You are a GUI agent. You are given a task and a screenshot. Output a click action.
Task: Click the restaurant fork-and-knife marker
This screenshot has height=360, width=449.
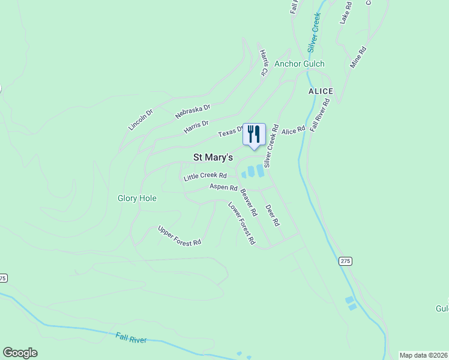coord(253,134)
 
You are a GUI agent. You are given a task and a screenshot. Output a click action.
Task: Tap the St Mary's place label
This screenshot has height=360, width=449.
coord(212,157)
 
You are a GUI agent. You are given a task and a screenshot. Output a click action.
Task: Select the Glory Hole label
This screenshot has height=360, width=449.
coord(137,198)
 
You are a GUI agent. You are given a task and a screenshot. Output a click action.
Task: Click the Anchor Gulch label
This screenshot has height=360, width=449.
coord(299,64)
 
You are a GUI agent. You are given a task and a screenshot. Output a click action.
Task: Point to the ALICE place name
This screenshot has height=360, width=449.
coord(321,91)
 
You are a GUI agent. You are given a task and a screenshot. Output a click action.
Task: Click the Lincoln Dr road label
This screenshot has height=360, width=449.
coord(141,119)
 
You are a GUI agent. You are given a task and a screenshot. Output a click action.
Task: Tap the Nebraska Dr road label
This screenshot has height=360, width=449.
coord(193,111)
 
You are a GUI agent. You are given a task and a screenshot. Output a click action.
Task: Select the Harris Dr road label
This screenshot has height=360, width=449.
coord(196,127)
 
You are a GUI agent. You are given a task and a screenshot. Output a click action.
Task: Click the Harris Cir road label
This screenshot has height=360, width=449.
coord(263,62)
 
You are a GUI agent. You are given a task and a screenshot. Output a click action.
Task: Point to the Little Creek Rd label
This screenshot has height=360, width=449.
coord(205,176)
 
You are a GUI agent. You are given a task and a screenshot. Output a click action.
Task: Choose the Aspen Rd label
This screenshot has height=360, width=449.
coord(223,187)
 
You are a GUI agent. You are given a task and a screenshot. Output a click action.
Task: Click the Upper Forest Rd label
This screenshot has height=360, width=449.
coord(179,236)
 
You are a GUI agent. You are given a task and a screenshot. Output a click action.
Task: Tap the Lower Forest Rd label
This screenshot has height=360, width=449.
coord(242,223)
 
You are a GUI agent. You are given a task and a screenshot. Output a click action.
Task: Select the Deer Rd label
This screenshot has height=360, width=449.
coord(273,215)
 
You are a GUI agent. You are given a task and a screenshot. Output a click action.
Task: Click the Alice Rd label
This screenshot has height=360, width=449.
coord(294,130)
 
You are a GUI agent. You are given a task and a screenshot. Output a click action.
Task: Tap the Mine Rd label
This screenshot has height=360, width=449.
coord(358,57)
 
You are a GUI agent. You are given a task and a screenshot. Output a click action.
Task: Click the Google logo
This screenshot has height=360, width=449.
coord(20,353)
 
